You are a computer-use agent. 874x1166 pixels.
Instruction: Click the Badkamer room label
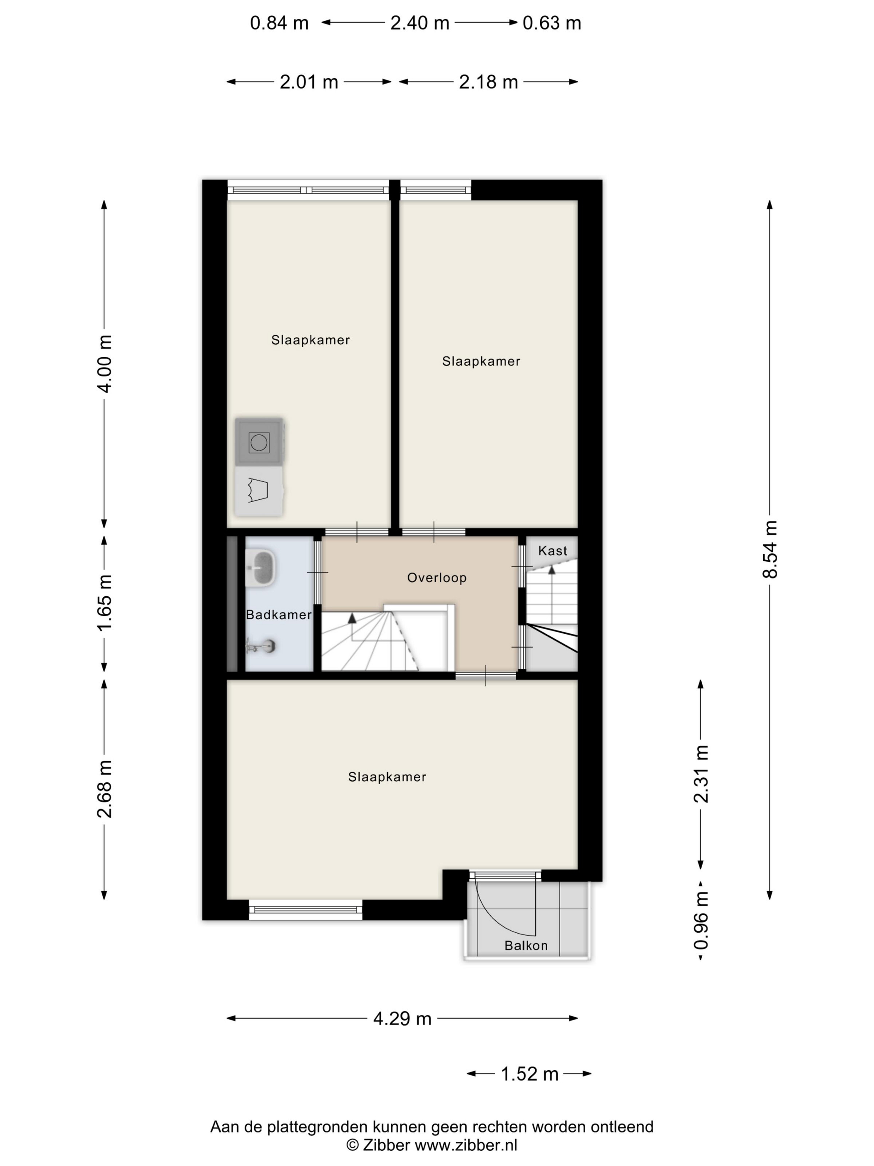click(x=279, y=615)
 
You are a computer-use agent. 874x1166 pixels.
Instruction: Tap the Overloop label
click(x=437, y=578)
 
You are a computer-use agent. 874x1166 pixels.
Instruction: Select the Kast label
click(x=553, y=551)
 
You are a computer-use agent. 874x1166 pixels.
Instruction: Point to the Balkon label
click(x=526, y=946)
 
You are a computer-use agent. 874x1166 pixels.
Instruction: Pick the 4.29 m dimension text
click(x=402, y=1019)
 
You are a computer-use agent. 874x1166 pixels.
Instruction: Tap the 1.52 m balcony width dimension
click(x=529, y=1074)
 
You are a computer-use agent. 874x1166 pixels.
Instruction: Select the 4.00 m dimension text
click(x=104, y=364)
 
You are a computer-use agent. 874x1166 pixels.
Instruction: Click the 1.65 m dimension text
click(x=104, y=603)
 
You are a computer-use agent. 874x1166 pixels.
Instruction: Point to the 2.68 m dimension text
click(x=104, y=789)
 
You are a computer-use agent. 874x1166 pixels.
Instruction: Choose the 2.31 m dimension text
click(x=701, y=774)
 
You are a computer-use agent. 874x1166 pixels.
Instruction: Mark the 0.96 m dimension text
click(x=701, y=920)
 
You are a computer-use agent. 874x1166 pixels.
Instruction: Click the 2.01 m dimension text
click(x=309, y=82)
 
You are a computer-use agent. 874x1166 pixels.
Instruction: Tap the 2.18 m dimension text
click(x=488, y=82)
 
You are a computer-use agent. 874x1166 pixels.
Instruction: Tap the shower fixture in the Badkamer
click(x=261, y=646)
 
